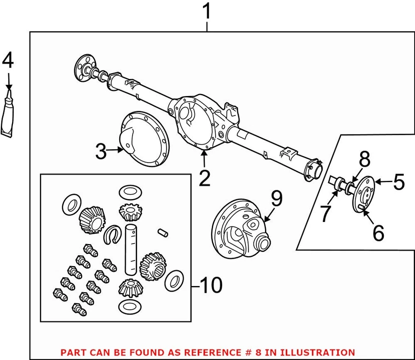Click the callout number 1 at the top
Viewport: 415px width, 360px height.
[x=207, y=12]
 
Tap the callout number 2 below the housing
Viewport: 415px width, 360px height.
[x=204, y=177]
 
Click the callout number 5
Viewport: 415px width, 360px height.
[x=398, y=183]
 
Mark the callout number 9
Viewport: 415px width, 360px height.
[x=276, y=199]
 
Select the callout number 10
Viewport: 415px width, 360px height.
[x=211, y=285]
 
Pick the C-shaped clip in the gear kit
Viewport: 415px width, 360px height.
[x=113, y=234]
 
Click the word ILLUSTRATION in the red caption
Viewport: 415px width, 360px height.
[x=315, y=353]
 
